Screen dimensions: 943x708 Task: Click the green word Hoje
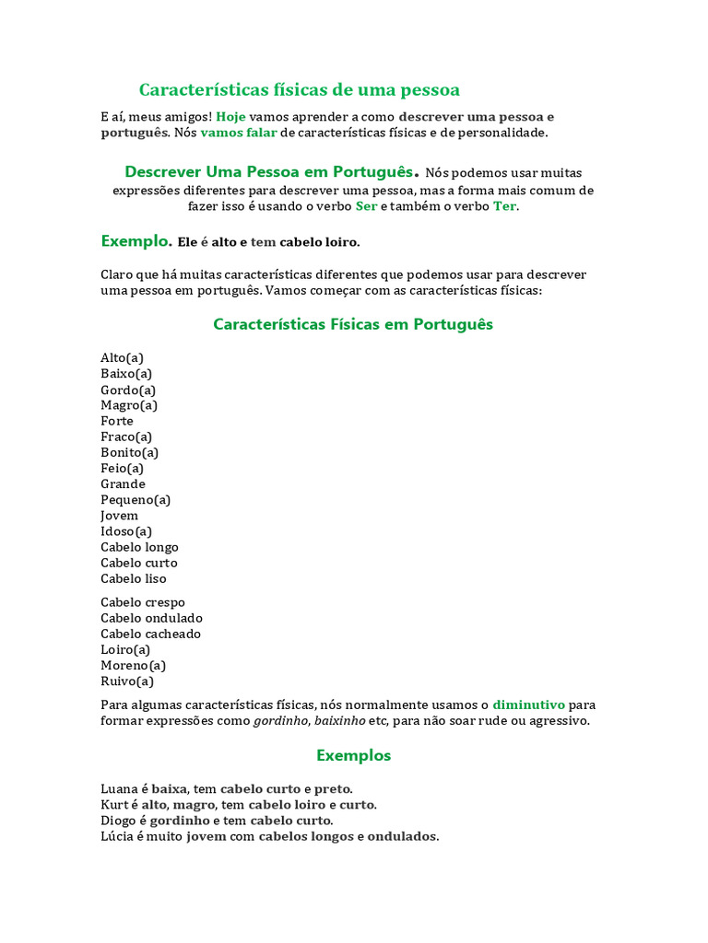pyautogui.click(x=230, y=117)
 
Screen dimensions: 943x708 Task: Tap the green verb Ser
pyautogui.click(x=366, y=205)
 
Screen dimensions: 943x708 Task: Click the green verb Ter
pyautogui.click(x=504, y=205)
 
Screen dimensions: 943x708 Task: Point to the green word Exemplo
pyautogui.click(x=135, y=241)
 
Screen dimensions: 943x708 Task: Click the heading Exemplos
pyautogui.click(x=353, y=755)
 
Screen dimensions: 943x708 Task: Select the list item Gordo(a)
pyautogui.click(x=128, y=390)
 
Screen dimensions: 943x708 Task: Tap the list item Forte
pyautogui.click(x=117, y=421)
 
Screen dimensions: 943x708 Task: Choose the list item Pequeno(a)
pyautogui.click(x=136, y=500)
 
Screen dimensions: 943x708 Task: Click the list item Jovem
pyautogui.click(x=119, y=516)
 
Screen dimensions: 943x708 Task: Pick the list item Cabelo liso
pyautogui.click(x=134, y=578)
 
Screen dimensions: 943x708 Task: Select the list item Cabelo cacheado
pyautogui.click(x=150, y=634)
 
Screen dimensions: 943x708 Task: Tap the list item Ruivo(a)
pyautogui.click(x=127, y=681)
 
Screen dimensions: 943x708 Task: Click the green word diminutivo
pyautogui.click(x=528, y=704)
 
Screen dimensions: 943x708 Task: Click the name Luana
pyautogui.click(x=120, y=789)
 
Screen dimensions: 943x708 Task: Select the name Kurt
pyautogui.click(x=114, y=805)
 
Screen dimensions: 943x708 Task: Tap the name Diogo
pyautogui.click(x=119, y=821)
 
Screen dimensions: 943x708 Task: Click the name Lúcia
pyautogui.click(x=117, y=836)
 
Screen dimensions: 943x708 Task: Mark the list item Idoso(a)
pyautogui.click(x=126, y=531)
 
